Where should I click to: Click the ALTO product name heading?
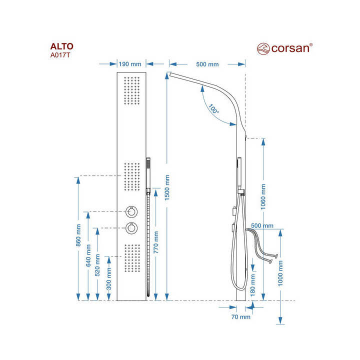[x=61, y=47]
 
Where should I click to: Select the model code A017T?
[x=60, y=56]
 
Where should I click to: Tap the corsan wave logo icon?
[x=263, y=48]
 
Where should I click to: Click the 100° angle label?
[x=214, y=108]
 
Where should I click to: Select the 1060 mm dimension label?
[x=263, y=196]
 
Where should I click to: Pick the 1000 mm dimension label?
[x=281, y=272]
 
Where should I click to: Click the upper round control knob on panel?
[x=131, y=211]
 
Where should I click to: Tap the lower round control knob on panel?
[x=131, y=227]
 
